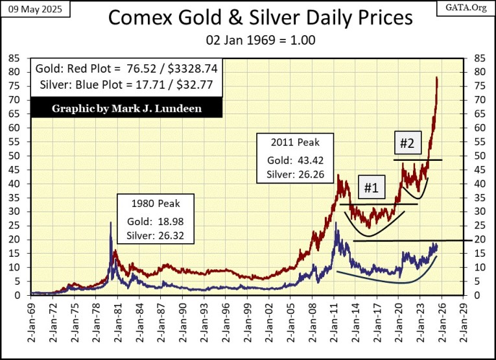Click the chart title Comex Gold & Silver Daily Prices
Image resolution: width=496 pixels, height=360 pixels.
point(259,18)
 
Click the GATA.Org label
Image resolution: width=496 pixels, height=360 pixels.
point(471,8)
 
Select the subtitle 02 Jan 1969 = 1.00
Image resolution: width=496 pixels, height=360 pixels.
point(259,40)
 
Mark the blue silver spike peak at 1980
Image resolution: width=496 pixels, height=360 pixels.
point(110,222)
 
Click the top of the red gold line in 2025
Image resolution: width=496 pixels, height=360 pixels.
point(437,78)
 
